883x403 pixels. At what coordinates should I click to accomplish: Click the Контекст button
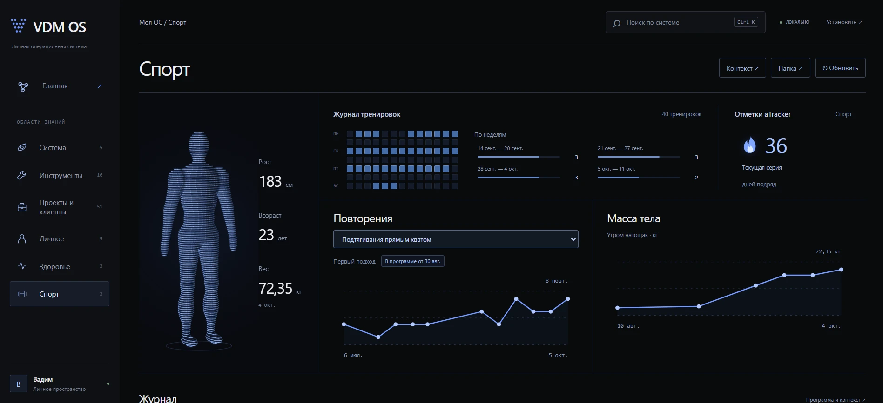coord(742,68)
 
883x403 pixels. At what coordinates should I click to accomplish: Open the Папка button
coord(790,68)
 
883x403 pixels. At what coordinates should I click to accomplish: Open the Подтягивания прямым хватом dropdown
coord(456,239)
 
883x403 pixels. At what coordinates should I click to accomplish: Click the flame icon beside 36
coord(749,145)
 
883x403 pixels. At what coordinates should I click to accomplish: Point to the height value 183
coord(270,181)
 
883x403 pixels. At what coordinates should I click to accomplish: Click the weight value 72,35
coord(276,289)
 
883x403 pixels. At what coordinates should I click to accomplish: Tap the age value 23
coord(266,235)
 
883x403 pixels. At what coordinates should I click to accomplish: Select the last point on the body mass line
coord(841,270)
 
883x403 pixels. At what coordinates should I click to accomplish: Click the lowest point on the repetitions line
coord(378,337)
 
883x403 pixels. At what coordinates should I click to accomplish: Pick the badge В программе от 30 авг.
coord(413,261)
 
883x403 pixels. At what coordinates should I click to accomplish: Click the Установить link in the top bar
coord(844,22)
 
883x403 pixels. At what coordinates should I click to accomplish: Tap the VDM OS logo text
coord(60,27)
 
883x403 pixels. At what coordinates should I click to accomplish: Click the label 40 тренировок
coord(681,114)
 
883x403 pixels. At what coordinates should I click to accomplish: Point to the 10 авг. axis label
coord(628,326)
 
